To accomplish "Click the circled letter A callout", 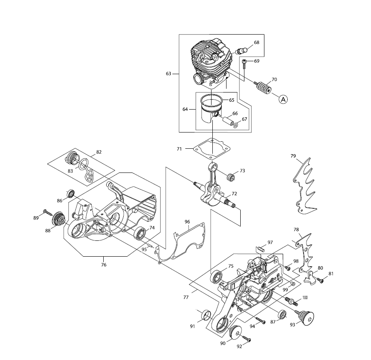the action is (283, 99).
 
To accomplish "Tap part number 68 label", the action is (256, 42).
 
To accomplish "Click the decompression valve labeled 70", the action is (263, 87).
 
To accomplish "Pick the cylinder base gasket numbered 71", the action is (212, 149).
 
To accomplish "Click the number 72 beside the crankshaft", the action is (234, 194).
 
